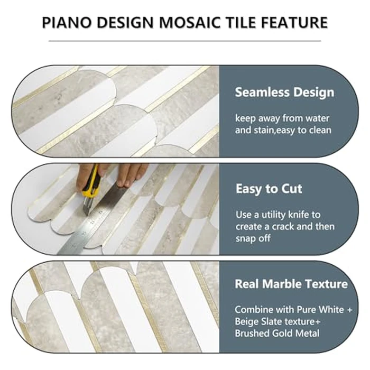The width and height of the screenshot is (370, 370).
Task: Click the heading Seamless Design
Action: point(284,92)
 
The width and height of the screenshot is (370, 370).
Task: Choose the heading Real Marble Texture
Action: point(291,284)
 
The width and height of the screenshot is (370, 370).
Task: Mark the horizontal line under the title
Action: point(184,41)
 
